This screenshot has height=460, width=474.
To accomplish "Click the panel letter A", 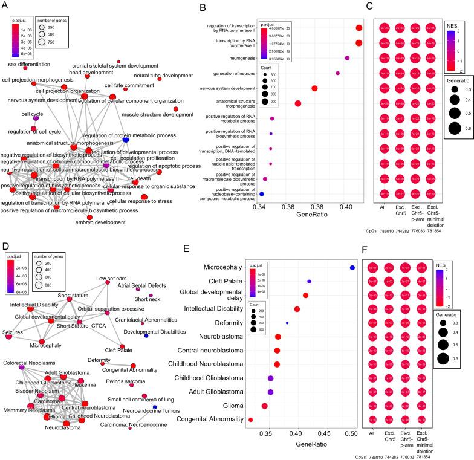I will pos(5,5).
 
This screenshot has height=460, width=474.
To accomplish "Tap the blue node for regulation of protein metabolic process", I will pos(126,139).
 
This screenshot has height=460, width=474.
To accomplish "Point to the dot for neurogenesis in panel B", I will pos(347,58).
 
